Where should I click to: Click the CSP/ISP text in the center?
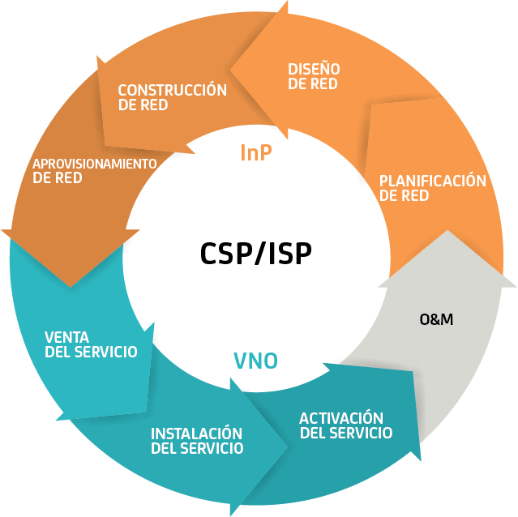255,253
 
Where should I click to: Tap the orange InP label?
256,152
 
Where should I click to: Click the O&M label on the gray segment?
436,319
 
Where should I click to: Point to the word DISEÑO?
314,69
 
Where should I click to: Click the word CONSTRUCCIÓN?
172,90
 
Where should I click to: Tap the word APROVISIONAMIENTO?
94,164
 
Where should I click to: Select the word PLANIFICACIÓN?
432,181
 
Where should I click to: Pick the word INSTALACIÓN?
196,433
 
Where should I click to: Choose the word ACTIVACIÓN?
340,418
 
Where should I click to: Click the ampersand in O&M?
436,319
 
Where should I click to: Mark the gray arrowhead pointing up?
447,259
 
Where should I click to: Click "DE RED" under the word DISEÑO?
312,83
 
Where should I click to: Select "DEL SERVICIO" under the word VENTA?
91,352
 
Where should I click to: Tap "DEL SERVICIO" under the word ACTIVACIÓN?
346,434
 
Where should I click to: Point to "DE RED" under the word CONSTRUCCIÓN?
143,105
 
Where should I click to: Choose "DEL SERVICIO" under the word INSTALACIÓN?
197,448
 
